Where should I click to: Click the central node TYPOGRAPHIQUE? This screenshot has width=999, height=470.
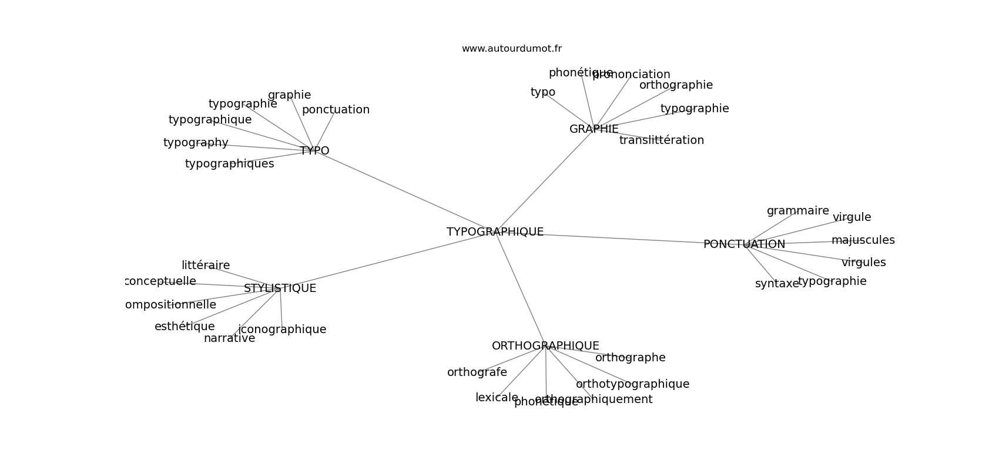pos(495,232)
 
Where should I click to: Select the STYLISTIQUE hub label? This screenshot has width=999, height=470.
pos(280,288)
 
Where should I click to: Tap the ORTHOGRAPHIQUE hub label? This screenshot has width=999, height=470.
pos(545,346)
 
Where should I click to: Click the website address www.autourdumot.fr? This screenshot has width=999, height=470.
pos(511,49)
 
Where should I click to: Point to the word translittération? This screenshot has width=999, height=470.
pos(661,140)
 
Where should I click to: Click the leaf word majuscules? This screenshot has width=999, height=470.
pos(863,240)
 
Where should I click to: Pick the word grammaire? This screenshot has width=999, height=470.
pos(797,211)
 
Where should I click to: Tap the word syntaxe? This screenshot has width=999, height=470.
pos(777,284)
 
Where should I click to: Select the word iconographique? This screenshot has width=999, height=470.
pos(282,330)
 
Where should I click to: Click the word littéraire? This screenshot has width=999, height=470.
pos(206,266)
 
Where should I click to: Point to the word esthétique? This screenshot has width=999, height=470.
pos(185,327)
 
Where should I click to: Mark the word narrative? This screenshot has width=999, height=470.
pos(229,338)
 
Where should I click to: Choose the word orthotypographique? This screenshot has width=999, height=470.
pos(632,384)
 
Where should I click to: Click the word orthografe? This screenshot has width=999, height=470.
pos(477,372)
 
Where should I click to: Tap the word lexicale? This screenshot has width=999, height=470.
pos(497,398)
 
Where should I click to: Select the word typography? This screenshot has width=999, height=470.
pos(196,143)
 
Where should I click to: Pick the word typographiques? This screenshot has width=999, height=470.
pos(229,164)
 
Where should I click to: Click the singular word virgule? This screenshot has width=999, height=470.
pos(852,217)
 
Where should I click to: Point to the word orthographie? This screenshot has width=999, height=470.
pos(676,85)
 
